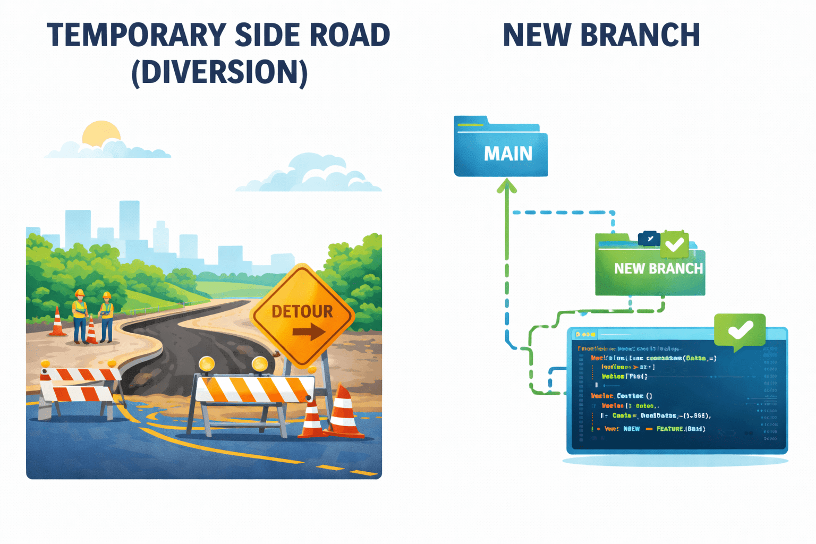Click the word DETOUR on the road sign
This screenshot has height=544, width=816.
pyautogui.click(x=302, y=311)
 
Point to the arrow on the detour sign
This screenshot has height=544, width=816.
pyautogui.click(x=309, y=333)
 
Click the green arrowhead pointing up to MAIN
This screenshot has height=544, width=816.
pyautogui.click(x=507, y=186)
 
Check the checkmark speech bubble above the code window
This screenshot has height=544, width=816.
pyautogui.click(x=739, y=330)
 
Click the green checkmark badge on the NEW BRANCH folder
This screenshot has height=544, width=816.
pyautogui.click(x=675, y=244)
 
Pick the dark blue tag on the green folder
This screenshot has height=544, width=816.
pyautogui.click(x=649, y=239)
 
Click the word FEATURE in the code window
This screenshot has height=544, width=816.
pyautogui.click(x=670, y=429)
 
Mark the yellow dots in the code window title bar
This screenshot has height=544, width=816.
pyautogui.click(x=585, y=334)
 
